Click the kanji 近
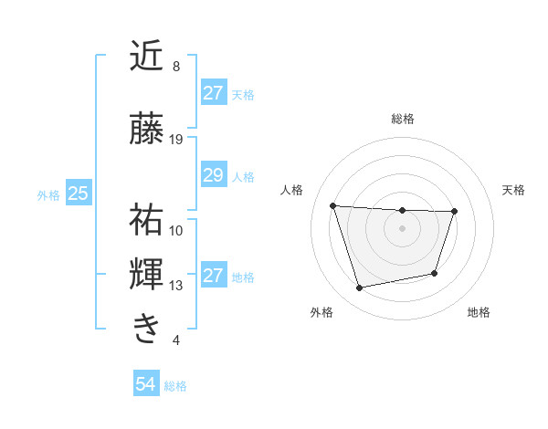tap(147, 57)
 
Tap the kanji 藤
tap(147, 129)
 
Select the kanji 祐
tap(147, 218)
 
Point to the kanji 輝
tap(147, 275)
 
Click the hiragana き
tap(147, 328)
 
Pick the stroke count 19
tap(176, 140)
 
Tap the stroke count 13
tap(176, 286)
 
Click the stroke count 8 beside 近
tap(175, 67)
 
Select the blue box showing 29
tap(213, 175)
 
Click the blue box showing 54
tap(145, 385)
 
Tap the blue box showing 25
tap(78, 194)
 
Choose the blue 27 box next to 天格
tap(213, 93)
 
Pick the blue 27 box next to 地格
tap(213, 276)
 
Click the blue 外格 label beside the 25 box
tap(48, 194)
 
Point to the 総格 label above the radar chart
tap(402, 119)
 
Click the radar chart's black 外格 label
tap(321, 312)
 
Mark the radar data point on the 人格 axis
tap(333, 205)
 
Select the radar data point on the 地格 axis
tap(435, 273)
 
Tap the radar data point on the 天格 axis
tap(454, 211)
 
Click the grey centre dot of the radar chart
tap(402, 227)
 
